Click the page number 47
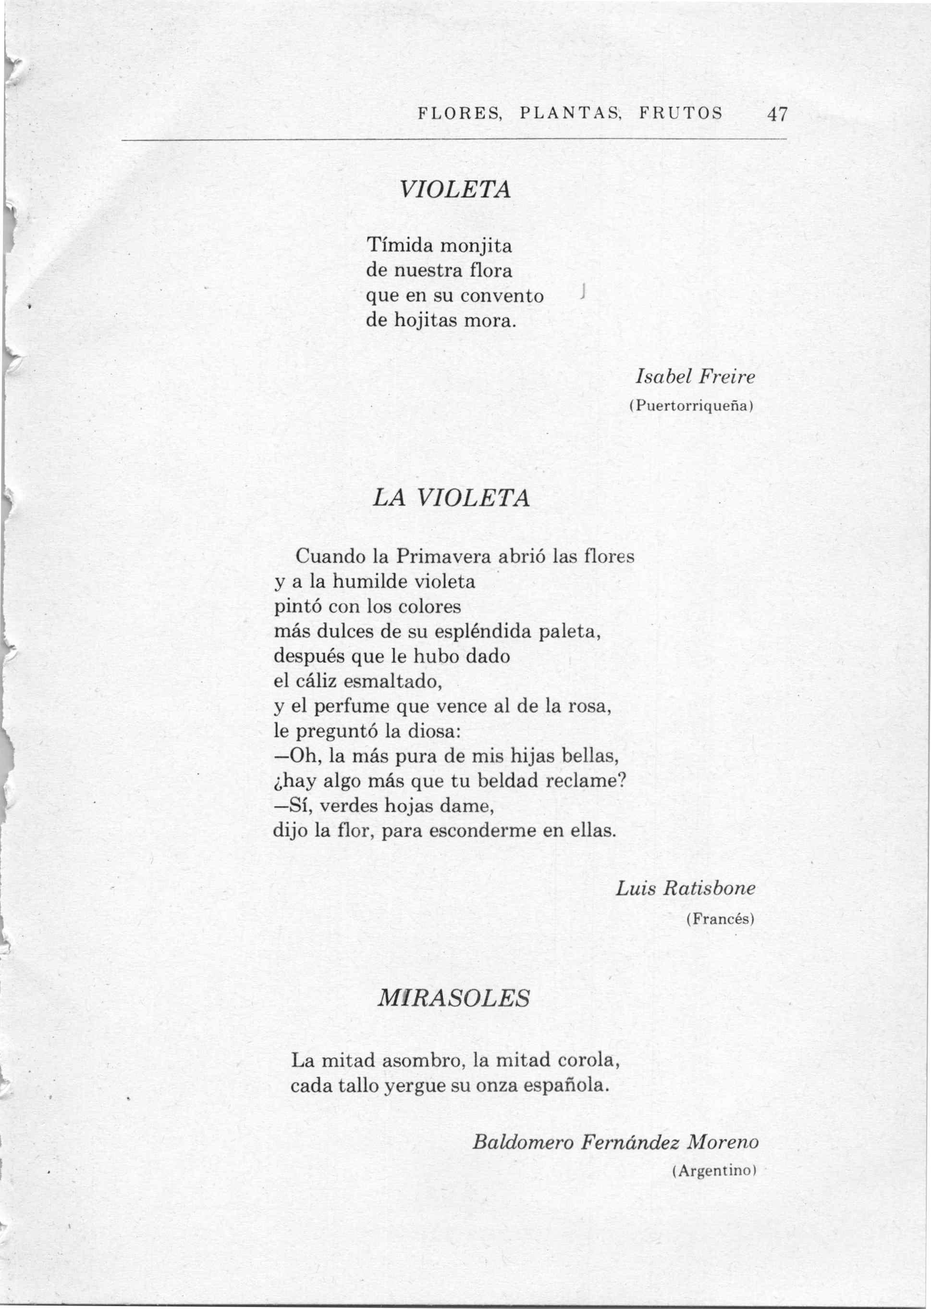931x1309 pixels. tap(778, 114)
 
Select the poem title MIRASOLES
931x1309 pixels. tap(453, 998)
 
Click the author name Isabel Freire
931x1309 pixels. tap(696, 377)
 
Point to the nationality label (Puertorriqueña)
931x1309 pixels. tap(690, 406)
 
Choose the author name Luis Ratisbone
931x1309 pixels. tap(686, 888)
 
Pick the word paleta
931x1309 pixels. tap(569, 632)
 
